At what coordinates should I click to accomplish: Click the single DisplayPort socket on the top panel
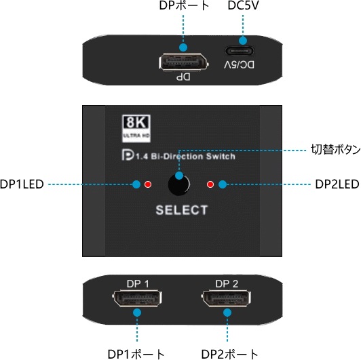[x=184, y=62]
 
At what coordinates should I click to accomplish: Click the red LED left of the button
[x=148, y=184]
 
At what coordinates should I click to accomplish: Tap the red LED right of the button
[x=210, y=184]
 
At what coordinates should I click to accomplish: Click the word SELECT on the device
[x=181, y=210]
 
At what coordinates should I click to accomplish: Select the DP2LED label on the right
[x=337, y=184]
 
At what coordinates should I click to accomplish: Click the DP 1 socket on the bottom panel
[x=137, y=298]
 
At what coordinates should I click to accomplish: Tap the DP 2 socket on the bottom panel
[x=226, y=298]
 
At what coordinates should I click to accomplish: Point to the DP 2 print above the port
[x=227, y=283]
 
